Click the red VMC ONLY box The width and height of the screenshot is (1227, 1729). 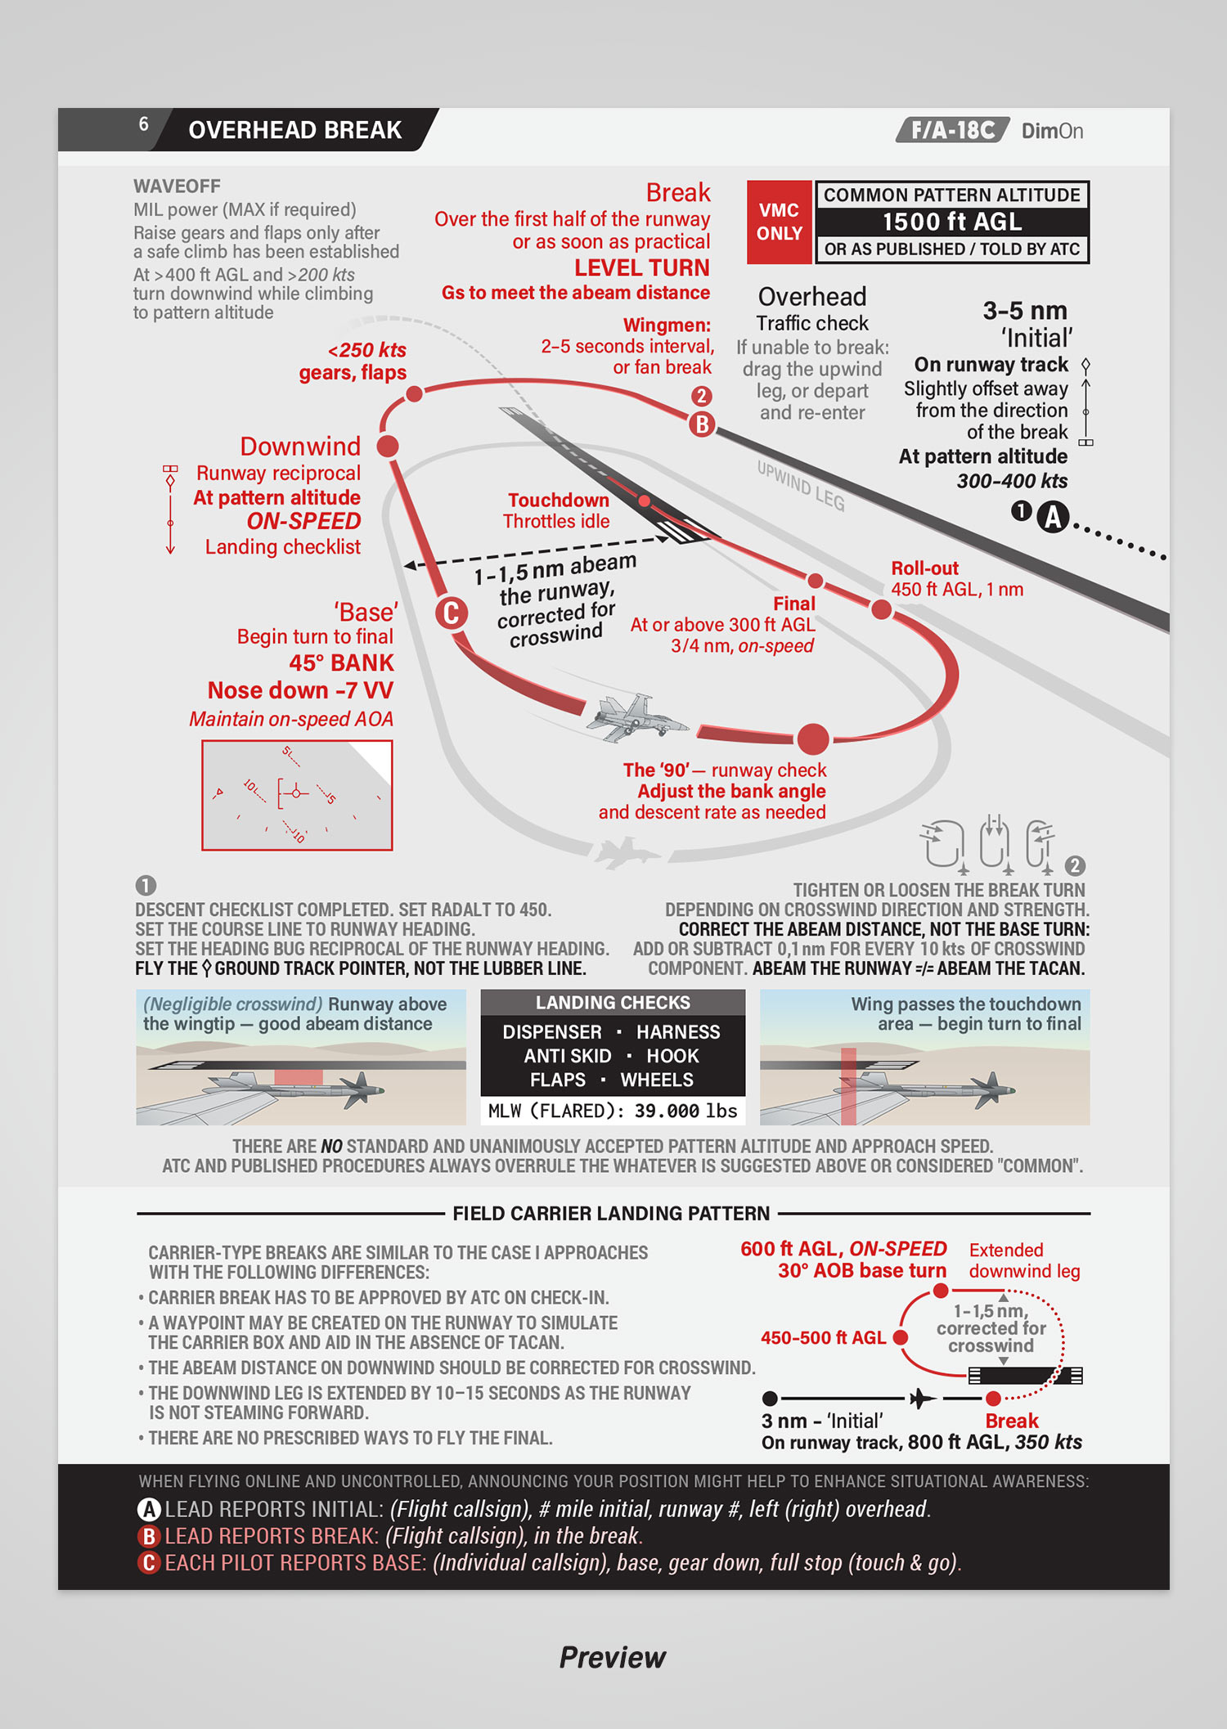779,222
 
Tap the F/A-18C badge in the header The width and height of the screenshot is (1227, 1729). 953,131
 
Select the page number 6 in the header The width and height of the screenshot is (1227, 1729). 143,124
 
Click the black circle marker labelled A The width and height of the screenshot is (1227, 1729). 1054,517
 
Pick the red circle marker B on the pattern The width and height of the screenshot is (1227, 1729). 702,424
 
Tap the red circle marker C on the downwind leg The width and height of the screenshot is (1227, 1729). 451,613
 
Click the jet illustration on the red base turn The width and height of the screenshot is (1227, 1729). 636,717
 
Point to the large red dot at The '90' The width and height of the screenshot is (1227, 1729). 812,739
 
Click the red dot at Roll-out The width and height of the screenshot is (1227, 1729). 881,609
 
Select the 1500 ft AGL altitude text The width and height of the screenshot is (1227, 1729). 952,222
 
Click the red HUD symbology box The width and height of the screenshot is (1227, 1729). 297,795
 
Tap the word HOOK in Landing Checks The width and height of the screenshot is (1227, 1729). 672,1056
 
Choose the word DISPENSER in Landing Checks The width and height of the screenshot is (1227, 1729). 552,1032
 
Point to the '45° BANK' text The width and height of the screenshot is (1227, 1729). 341,662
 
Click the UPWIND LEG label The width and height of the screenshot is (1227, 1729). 801,485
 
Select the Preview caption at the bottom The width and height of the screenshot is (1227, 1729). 613,1657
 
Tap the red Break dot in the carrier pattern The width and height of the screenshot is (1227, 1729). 993,1399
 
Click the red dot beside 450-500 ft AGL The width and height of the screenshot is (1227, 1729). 901,1337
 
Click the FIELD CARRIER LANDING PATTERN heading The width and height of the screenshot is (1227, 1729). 611,1213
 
